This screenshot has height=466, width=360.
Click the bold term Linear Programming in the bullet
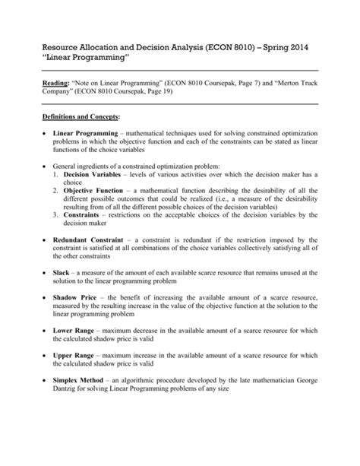85,134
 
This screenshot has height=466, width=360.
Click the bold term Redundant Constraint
93,260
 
